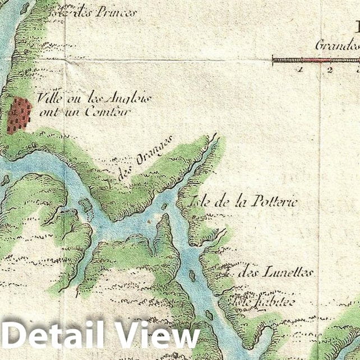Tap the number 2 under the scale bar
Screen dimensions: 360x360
[x=330, y=70]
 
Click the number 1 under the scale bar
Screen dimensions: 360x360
[x=301, y=70]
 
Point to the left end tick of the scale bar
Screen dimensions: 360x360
[x=273, y=58]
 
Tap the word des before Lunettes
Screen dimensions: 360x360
[x=247, y=273]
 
